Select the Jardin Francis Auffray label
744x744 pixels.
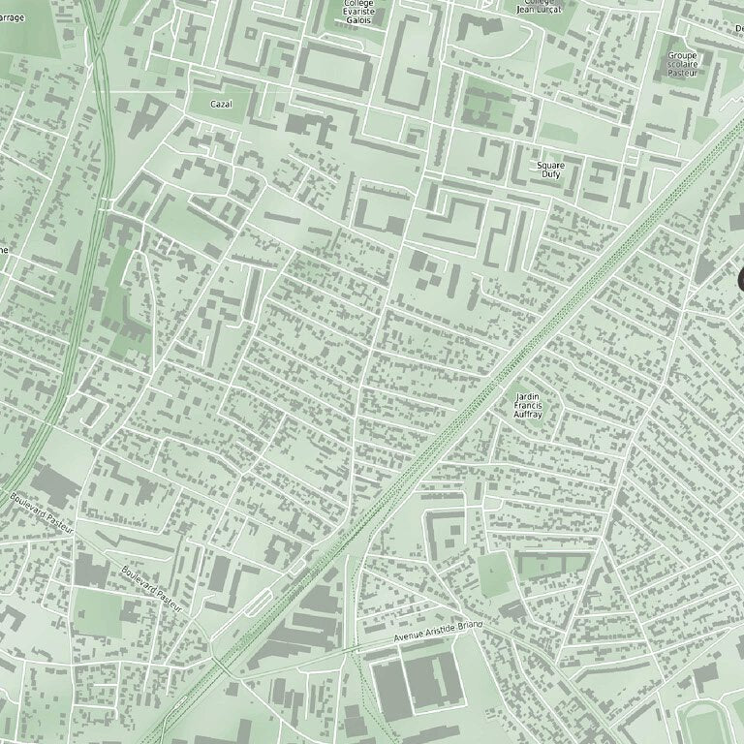click(527, 406)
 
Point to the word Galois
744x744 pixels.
click(359, 19)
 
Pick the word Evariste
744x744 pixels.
click(359, 11)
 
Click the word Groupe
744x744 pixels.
click(682, 55)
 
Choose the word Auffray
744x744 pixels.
click(527, 416)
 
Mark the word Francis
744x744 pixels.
click(527, 406)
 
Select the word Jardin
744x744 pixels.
click(527, 396)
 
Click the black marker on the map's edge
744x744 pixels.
click(740, 279)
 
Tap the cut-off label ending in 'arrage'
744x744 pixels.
click(12, 17)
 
